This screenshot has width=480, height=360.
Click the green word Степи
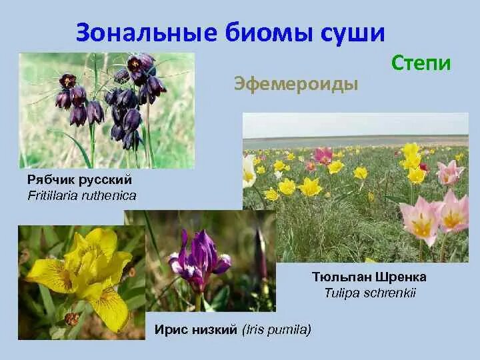click(421, 63)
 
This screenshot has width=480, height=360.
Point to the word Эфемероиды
click(296, 84)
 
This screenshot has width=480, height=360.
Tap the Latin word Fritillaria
click(55, 195)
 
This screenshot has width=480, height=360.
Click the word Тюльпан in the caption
click(341, 277)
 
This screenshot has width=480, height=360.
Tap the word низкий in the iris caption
click(214, 329)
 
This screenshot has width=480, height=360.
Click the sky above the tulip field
click(353, 123)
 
